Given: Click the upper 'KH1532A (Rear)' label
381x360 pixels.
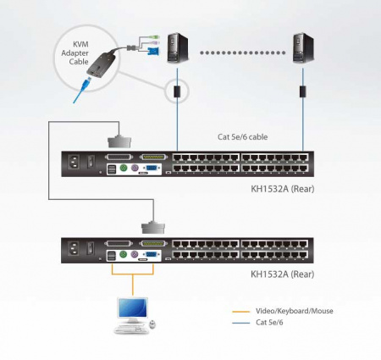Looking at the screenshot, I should (x=285, y=188).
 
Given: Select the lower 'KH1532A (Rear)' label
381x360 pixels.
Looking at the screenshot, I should (x=285, y=274).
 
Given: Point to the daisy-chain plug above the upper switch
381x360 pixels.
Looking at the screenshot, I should (x=118, y=138).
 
